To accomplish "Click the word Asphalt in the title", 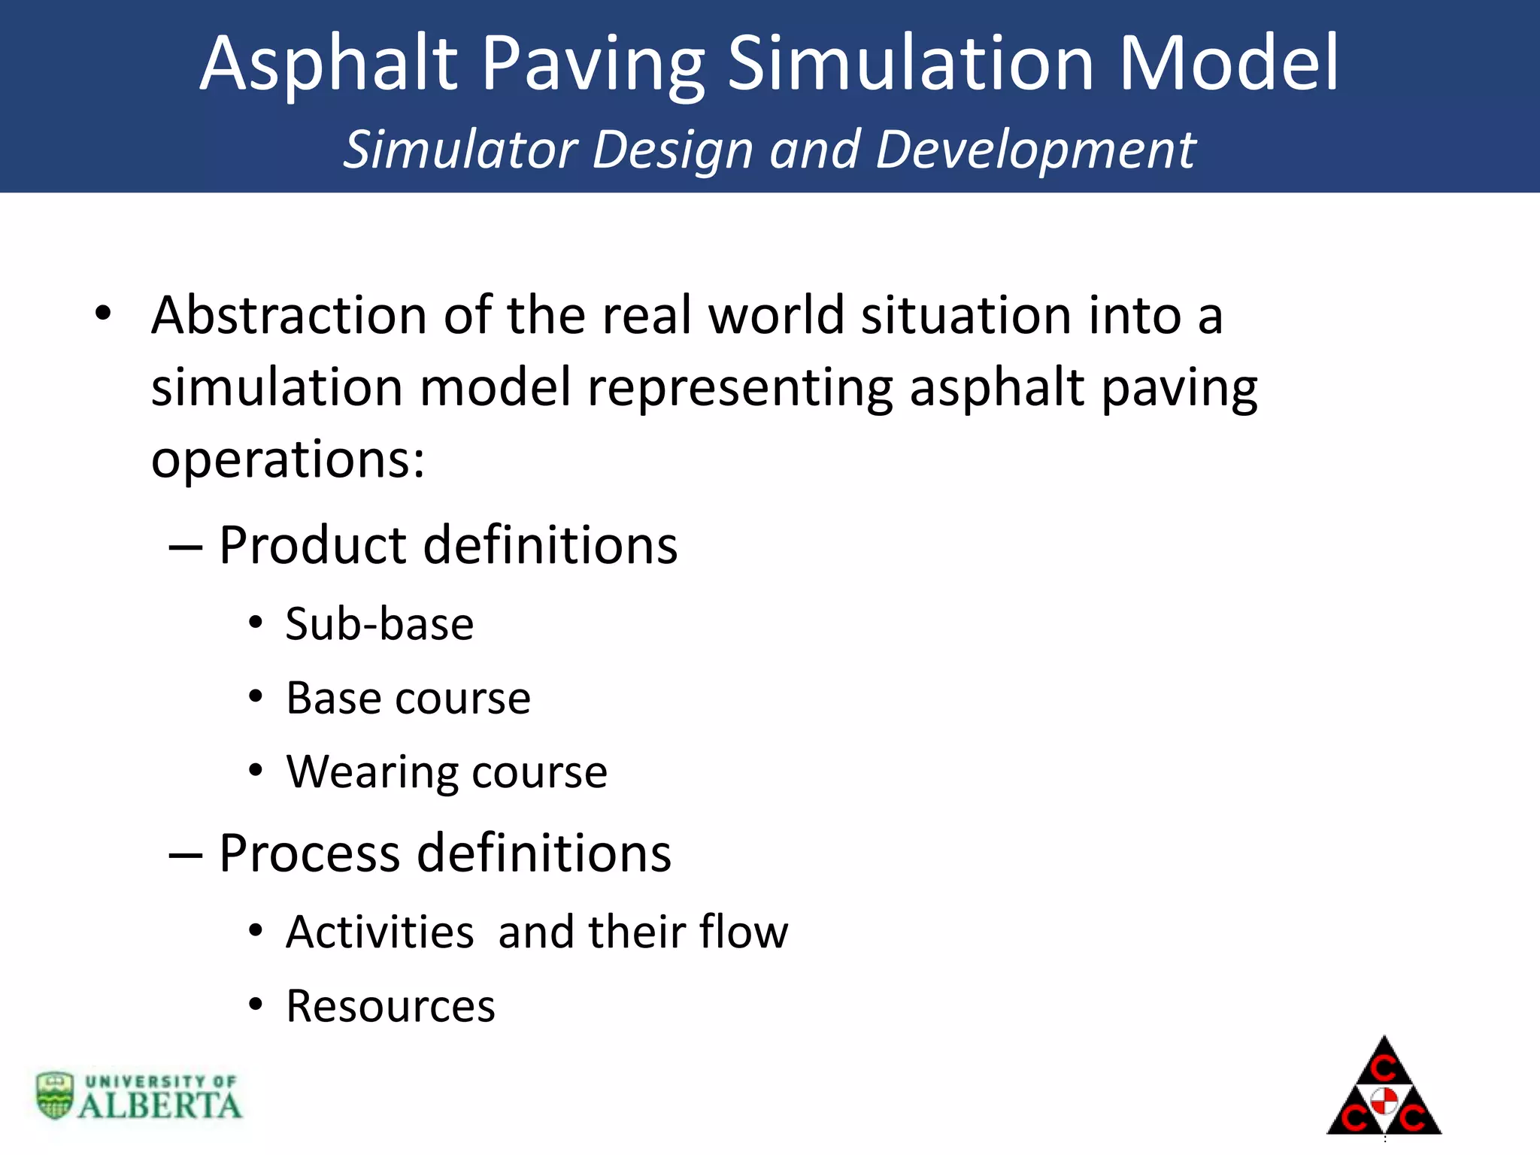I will pyautogui.click(x=329, y=65).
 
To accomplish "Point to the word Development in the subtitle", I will pyautogui.click(x=1035, y=150).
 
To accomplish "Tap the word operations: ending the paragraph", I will pyautogui.click(x=287, y=460).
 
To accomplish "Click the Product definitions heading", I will pyautogui.click(x=447, y=544).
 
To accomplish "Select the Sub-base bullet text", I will pyautogui.click(x=379, y=624).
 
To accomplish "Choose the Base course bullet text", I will pyautogui.click(x=408, y=698).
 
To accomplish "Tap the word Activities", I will pyautogui.click(x=379, y=932).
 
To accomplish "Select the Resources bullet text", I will pyautogui.click(x=390, y=1006).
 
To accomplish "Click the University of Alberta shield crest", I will pyautogui.click(x=55, y=1095).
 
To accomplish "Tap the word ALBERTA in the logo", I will pyautogui.click(x=159, y=1105).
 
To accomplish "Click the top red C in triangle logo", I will pyautogui.click(x=1384, y=1067).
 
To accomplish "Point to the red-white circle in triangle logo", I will pyautogui.click(x=1384, y=1101).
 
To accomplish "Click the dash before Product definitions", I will pyautogui.click(x=185, y=547).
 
